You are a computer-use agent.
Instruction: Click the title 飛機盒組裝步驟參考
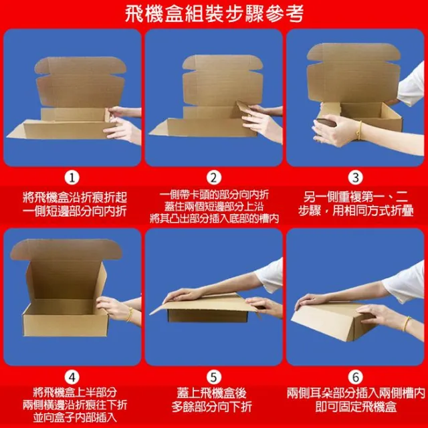214,13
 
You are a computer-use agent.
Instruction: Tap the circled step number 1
72,178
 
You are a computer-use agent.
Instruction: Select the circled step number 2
214,178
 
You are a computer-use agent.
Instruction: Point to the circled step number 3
355,178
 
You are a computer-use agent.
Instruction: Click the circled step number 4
72,377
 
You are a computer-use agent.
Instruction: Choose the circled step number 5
214,377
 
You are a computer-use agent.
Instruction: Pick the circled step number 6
355,377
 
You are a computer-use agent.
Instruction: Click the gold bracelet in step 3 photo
359,130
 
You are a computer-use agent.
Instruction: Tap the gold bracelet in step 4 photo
130,314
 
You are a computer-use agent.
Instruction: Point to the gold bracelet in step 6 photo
407,324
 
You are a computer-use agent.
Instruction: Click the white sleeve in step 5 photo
270,275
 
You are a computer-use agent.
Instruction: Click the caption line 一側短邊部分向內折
74,211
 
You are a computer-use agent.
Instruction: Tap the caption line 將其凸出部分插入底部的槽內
214,219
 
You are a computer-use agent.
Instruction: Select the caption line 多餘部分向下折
211,407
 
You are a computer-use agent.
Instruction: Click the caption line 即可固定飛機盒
356,407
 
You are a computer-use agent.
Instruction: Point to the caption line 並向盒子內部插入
75,417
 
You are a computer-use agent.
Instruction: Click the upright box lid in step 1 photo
80,82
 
